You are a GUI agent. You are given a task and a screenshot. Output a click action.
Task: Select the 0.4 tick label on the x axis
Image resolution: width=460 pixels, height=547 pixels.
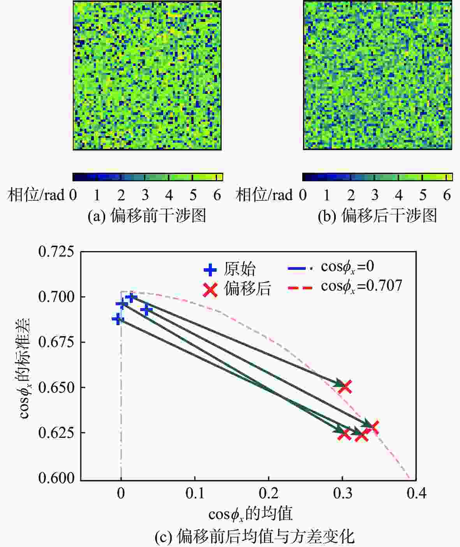(416, 494)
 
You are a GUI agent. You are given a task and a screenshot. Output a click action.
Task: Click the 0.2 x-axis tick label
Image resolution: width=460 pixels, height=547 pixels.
(269, 494)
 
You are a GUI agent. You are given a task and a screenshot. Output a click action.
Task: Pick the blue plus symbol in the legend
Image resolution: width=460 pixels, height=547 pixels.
(210, 269)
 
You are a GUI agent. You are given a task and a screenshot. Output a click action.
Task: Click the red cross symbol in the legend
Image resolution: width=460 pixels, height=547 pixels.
(210, 289)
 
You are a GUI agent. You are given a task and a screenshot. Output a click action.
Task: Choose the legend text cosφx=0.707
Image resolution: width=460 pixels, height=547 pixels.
(361, 287)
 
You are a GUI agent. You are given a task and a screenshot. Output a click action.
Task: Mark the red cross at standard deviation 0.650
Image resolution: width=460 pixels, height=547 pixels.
(345, 387)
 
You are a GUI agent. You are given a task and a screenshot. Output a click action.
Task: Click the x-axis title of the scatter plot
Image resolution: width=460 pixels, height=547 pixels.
(250, 514)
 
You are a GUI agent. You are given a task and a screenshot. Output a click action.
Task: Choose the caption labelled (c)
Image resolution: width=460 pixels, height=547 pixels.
(255, 537)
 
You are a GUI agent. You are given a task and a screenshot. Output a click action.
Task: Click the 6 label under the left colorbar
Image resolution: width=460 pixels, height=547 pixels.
(217, 195)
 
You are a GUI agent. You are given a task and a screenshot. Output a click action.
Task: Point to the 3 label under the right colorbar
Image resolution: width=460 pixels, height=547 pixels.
(375, 195)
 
